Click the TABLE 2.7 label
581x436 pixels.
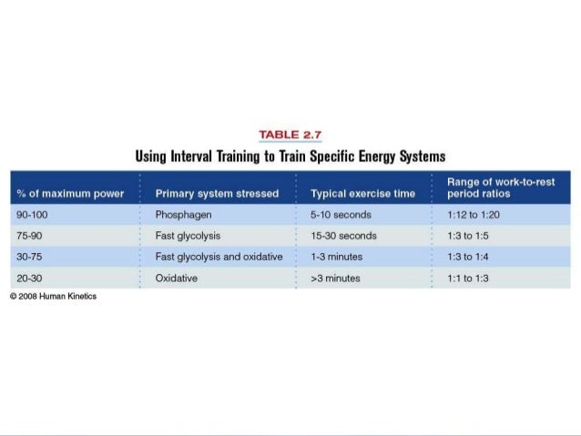(x=290, y=136)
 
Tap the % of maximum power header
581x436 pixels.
(x=70, y=194)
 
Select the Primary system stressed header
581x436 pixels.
(x=217, y=194)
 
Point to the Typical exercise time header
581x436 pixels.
(x=362, y=194)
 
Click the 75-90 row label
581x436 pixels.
(x=29, y=236)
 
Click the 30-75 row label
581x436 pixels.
(x=29, y=257)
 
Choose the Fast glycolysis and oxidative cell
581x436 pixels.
(x=219, y=257)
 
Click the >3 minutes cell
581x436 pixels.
(x=335, y=278)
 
